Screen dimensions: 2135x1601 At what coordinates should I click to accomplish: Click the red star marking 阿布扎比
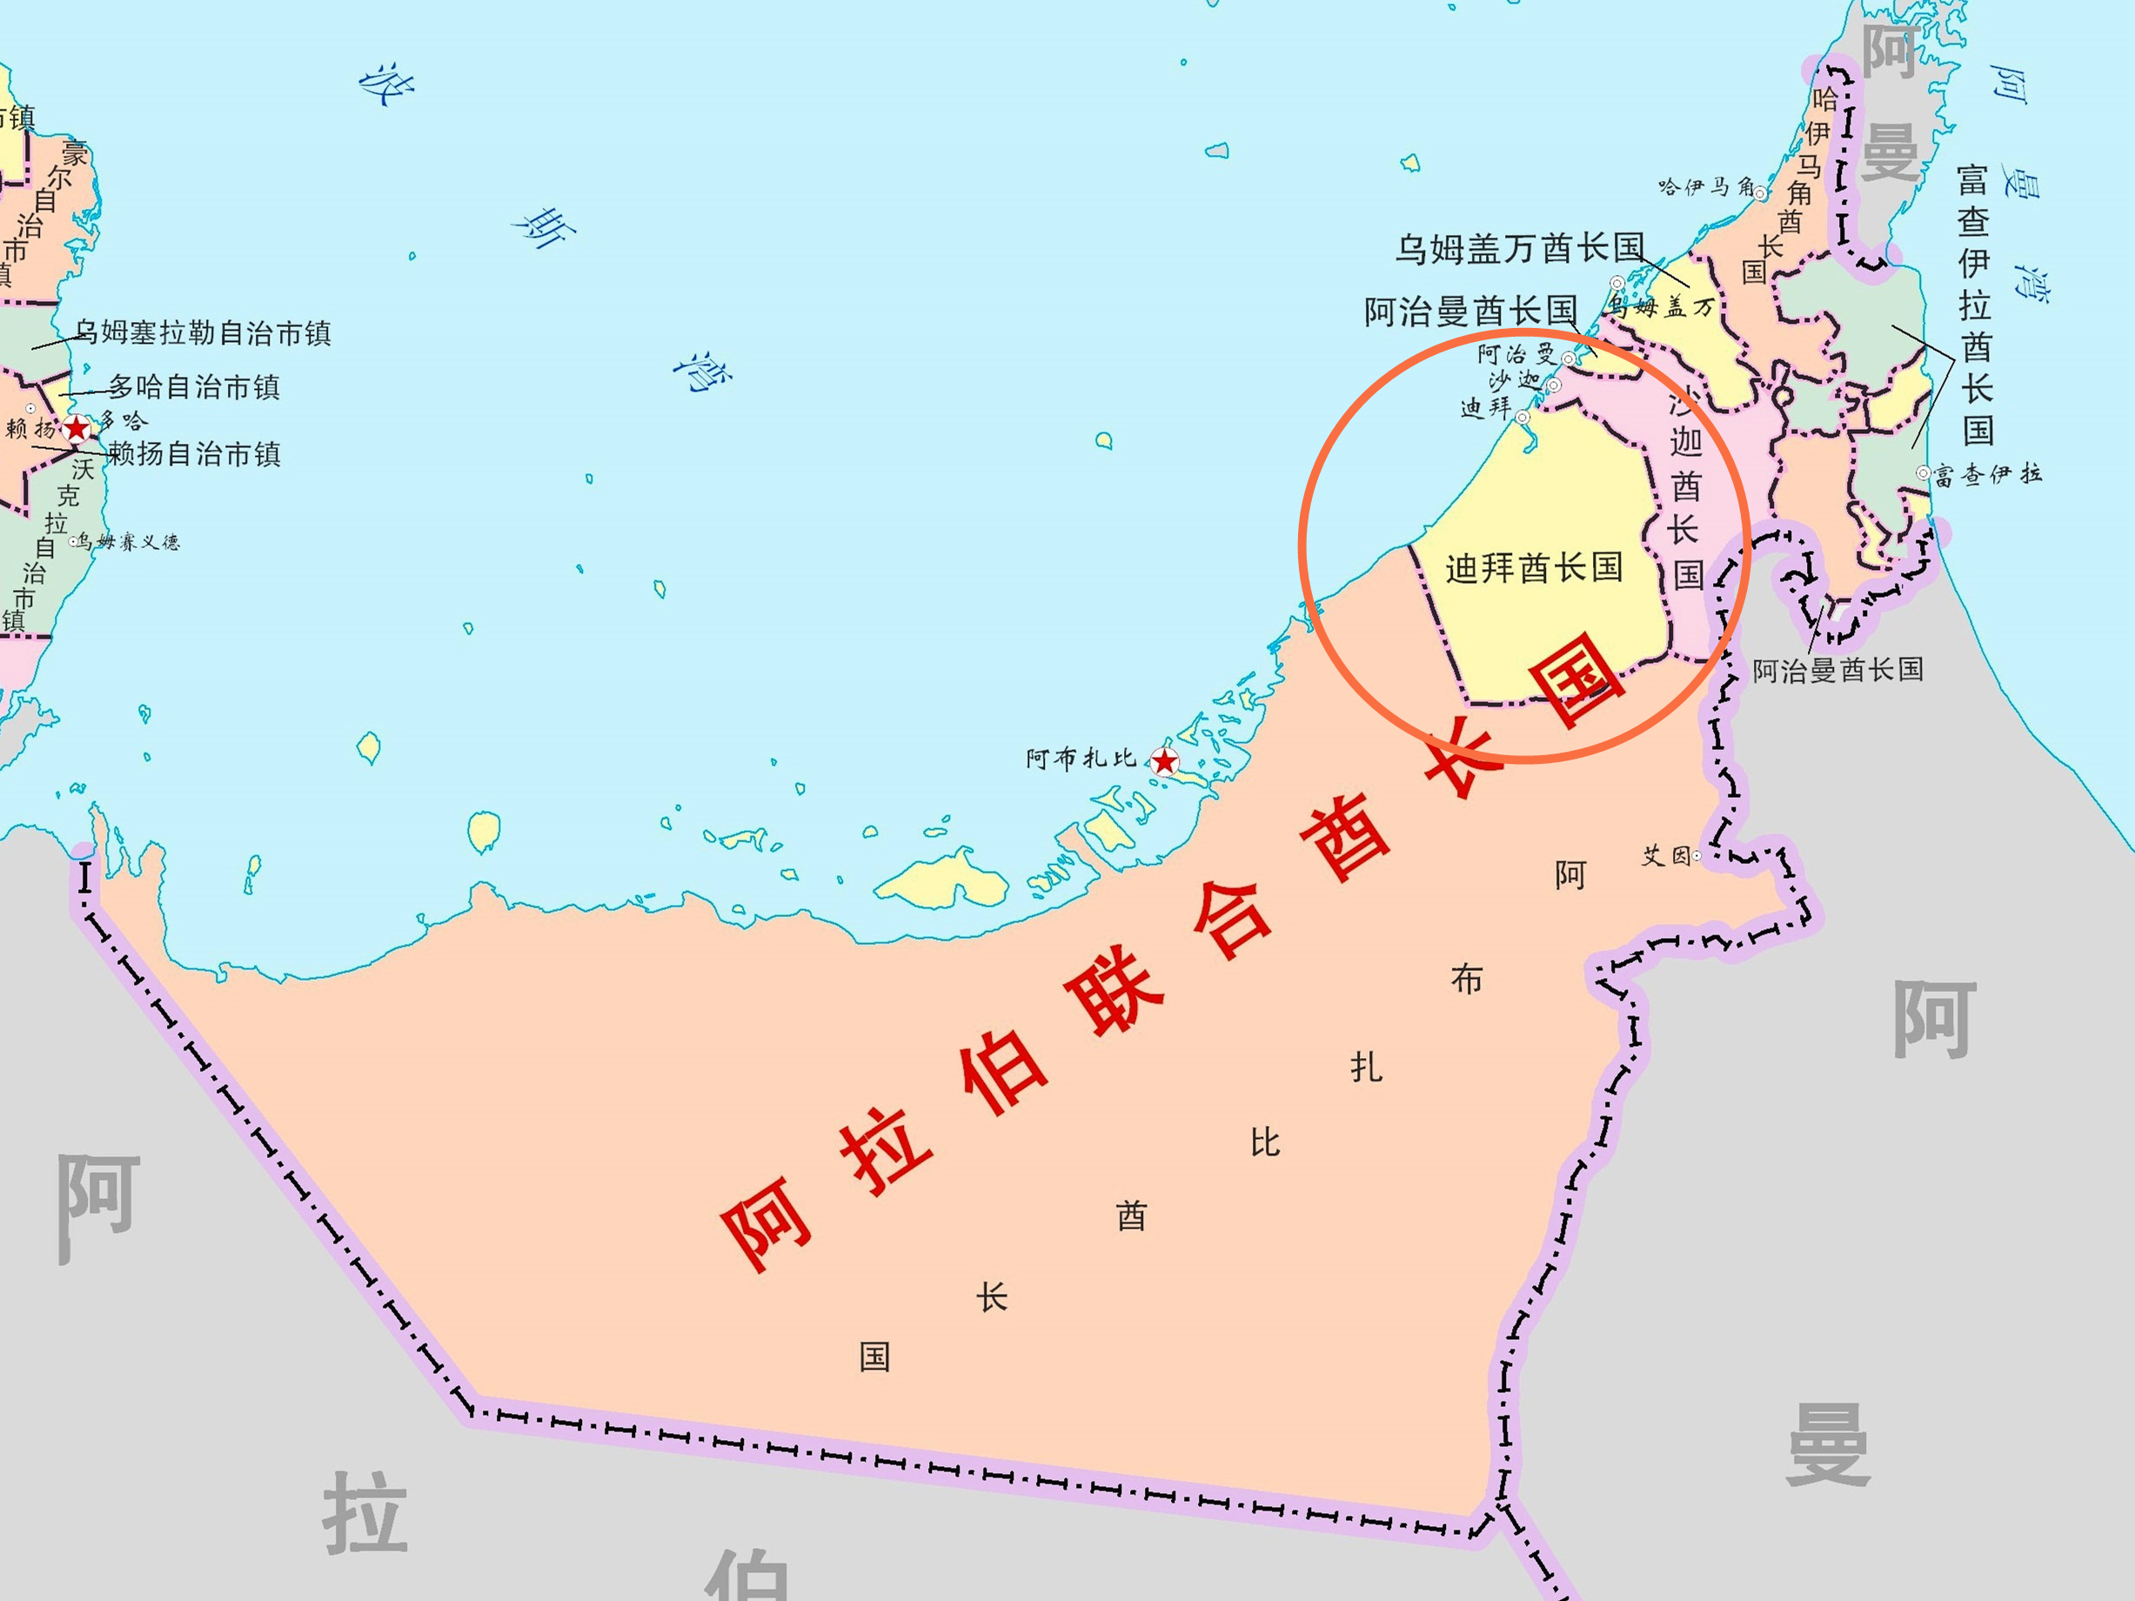point(1165,761)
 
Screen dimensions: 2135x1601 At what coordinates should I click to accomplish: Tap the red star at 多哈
point(77,428)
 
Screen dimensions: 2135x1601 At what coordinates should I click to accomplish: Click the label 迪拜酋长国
point(1534,567)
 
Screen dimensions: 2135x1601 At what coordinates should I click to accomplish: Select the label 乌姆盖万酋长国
point(1519,248)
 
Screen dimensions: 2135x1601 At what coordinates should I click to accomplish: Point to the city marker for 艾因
point(1696,856)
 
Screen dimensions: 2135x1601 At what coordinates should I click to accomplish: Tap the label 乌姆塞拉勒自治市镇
point(203,333)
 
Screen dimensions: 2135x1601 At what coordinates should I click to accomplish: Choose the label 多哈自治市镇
point(194,387)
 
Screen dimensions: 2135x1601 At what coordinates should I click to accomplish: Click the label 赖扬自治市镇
point(194,453)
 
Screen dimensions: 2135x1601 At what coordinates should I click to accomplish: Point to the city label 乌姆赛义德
point(130,541)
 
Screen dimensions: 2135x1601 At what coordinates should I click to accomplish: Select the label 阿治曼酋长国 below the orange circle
point(1837,669)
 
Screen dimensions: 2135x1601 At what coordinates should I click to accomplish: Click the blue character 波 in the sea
point(387,85)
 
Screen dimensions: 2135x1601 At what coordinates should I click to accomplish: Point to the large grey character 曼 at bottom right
point(1828,1444)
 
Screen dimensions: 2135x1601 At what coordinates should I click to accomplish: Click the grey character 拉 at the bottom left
point(365,1512)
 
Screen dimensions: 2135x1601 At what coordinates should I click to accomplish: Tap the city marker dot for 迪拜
point(1523,417)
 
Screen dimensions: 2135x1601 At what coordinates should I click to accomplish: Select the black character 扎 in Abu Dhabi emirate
point(1366,1068)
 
